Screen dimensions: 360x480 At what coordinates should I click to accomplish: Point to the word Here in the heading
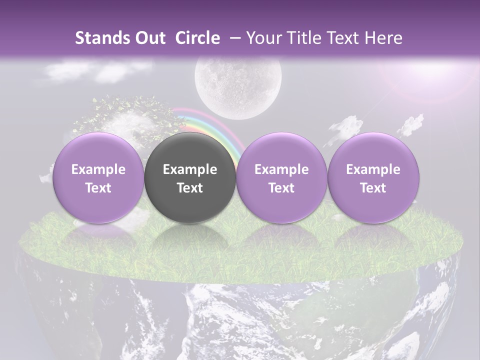click(x=384, y=38)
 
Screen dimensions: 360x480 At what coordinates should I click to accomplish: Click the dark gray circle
click(x=190, y=177)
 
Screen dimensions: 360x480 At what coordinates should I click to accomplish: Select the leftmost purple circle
click(x=98, y=177)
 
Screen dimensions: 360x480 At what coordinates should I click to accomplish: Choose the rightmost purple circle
click(x=373, y=177)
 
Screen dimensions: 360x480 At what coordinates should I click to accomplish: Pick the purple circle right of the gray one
click(x=281, y=177)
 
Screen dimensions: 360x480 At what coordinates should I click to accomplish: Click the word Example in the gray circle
click(x=190, y=169)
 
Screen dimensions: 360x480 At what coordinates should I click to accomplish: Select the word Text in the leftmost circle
click(x=98, y=188)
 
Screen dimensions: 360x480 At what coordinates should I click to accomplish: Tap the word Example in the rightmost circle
click(x=373, y=169)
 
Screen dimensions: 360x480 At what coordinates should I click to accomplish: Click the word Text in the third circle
click(x=281, y=188)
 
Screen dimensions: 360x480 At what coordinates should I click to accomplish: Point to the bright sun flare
click(x=430, y=70)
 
